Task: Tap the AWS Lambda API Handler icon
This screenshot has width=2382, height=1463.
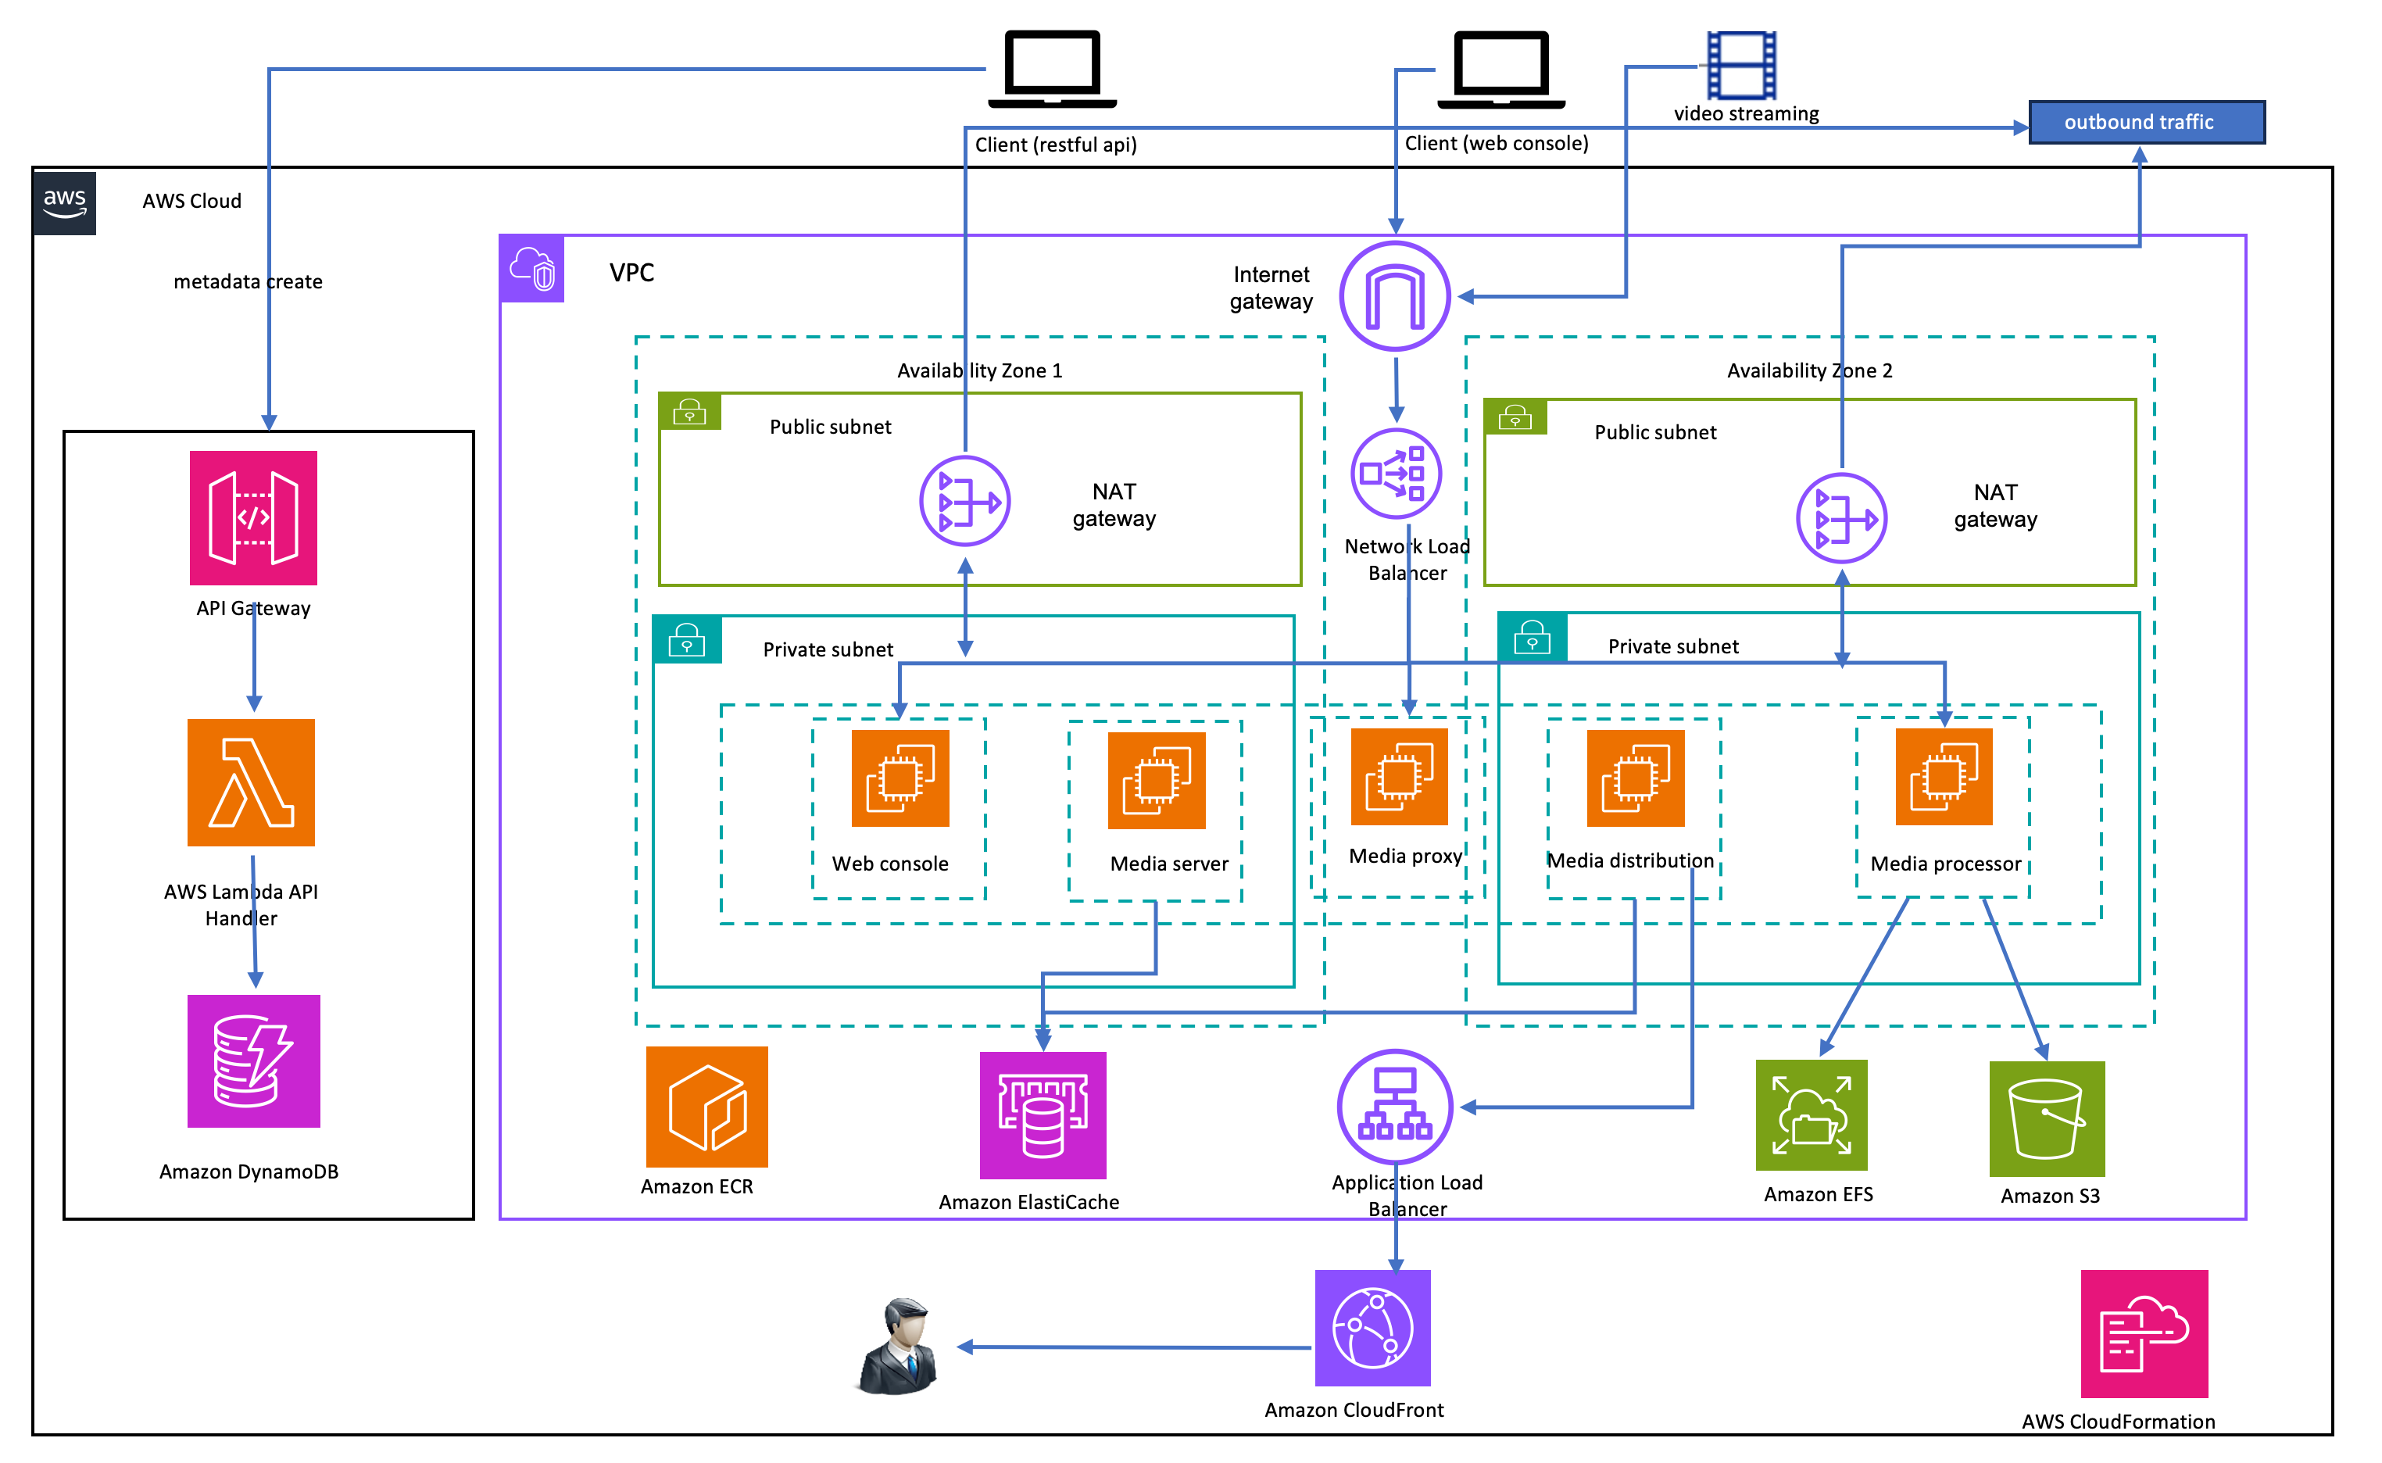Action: pyautogui.click(x=252, y=783)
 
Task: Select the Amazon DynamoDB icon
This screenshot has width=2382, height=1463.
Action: pyautogui.click(x=253, y=1061)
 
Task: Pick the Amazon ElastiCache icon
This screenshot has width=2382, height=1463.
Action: pyautogui.click(x=1043, y=1116)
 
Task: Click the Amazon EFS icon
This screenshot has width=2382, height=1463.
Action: pyautogui.click(x=1812, y=1116)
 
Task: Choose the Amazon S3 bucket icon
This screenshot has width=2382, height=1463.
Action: pyautogui.click(x=2048, y=1118)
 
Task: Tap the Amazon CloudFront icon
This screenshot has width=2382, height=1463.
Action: pyautogui.click(x=1373, y=1329)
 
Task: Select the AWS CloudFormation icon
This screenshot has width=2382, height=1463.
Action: pyautogui.click(x=2145, y=1334)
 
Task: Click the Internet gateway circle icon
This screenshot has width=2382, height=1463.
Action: pyautogui.click(x=1395, y=296)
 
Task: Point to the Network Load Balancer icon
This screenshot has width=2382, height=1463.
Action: pyautogui.click(x=1396, y=474)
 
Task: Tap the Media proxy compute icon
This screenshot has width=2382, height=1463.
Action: pyautogui.click(x=1399, y=777)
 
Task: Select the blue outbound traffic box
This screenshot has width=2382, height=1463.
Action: pyautogui.click(x=2147, y=123)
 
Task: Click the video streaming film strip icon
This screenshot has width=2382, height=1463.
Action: pyautogui.click(x=1741, y=65)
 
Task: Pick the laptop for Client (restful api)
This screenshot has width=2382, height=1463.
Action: pyautogui.click(x=1053, y=68)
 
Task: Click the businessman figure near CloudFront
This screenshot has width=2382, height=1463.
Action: pyautogui.click(x=900, y=1347)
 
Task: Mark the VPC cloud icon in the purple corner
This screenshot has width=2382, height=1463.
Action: pyautogui.click(x=532, y=269)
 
